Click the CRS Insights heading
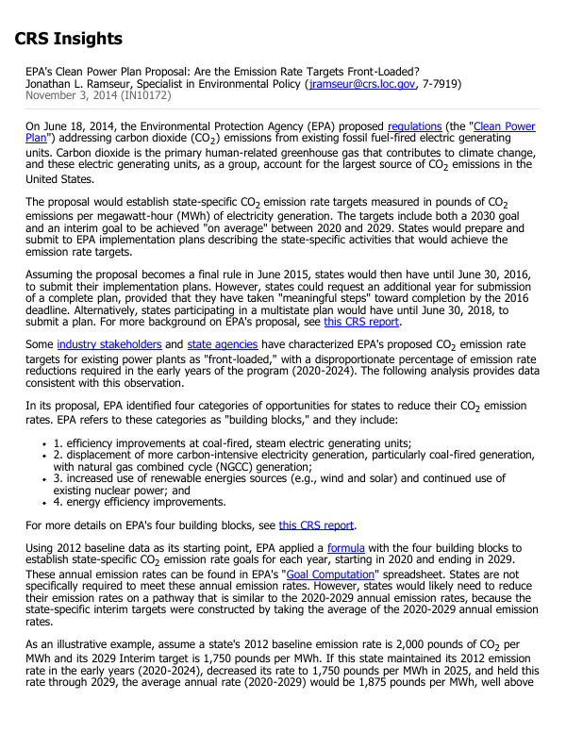[x=69, y=39]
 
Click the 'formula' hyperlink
[x=345, y=547]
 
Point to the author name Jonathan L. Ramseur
[x=82, y=84]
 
